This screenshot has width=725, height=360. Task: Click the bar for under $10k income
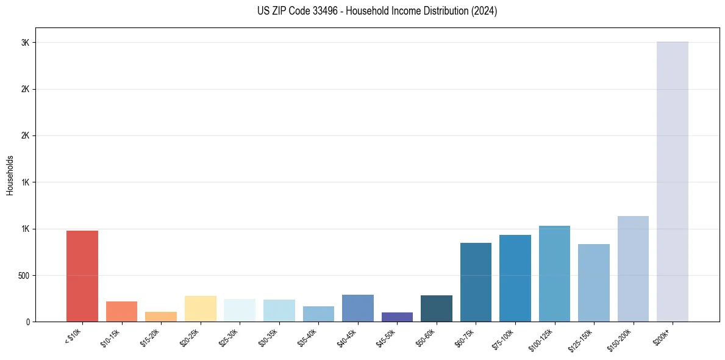[82, 276]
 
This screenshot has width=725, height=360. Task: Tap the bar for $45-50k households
[397, 317]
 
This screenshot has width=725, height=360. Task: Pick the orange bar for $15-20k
[161, 317]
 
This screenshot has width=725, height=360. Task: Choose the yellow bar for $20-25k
[201, 309]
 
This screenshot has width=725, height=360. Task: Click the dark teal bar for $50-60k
[437, 308]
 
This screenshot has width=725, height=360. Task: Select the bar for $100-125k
[554, 274]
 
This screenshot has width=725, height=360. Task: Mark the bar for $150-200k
[633, 268]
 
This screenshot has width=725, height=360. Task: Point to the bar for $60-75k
[476, 282]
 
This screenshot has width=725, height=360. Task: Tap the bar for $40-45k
[358, 308]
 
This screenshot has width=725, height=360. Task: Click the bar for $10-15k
[121, 311]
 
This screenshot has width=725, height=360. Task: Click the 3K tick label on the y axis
[24, 43]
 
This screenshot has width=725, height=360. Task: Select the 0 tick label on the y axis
[28, 322]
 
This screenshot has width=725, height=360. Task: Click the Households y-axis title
[10, 175]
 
